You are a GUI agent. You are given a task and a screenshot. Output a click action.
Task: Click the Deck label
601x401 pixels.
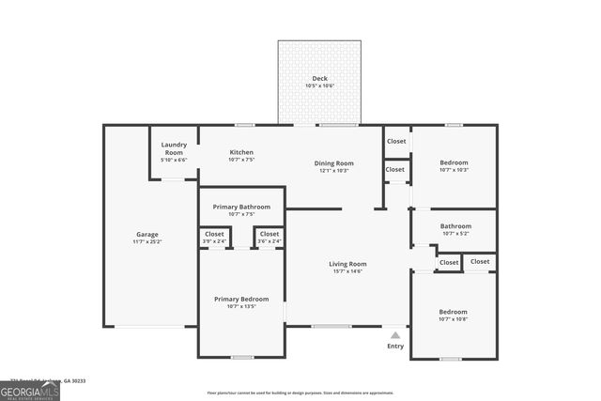(319, 78)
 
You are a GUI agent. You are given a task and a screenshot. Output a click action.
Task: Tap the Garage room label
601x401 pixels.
(146, 234)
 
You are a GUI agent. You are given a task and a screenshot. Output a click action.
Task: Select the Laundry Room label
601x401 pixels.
(174, 147)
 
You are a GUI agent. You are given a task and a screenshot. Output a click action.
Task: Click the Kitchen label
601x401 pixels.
(241, 152)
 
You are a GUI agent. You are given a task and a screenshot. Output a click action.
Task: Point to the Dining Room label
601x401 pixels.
(333, 163)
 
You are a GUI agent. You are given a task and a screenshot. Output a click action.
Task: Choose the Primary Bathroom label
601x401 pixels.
(241, 207)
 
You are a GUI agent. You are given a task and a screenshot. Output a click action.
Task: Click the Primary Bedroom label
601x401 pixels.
(241, 299)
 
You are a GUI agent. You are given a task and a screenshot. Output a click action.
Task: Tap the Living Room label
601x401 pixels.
(347, 264)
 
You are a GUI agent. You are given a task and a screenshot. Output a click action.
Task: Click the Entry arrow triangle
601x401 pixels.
(395, 333)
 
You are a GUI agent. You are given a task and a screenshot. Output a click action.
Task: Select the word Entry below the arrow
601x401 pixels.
(395, 346)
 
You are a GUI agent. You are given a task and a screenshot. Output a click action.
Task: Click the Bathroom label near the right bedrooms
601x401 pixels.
(455, 225)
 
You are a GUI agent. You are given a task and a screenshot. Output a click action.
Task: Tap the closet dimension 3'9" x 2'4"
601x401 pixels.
(214, 241)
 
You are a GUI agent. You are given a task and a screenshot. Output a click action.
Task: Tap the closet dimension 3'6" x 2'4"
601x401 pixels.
(270, 241)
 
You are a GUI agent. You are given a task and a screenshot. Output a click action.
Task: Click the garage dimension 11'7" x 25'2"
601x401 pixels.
(146, 241)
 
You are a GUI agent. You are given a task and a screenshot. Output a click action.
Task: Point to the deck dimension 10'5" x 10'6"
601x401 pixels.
(319, 85)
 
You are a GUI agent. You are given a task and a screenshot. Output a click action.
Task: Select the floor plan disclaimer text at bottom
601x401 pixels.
(300, 393)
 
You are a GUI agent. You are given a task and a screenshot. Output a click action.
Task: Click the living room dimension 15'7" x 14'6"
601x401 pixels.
(347, 271)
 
